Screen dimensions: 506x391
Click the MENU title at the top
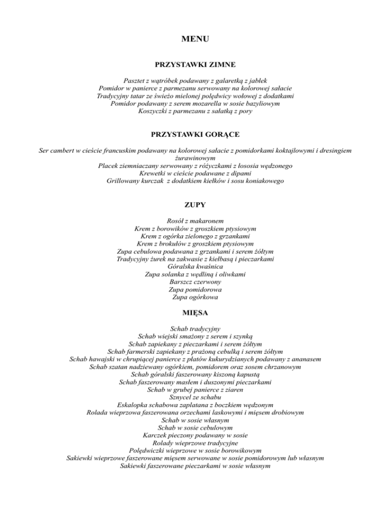pyautogui.click(x=195, y=39)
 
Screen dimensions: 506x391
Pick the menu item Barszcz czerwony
pyautogui.click(x=195, y=282)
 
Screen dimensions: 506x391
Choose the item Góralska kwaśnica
pyautogui.click(x=195, y=266)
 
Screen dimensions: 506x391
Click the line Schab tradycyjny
pyautogui.click(x=195, y=329)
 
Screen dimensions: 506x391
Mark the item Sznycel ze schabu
pyautogui.click(x=195, y=398)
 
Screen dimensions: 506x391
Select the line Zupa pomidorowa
pyautogui.click(x=195, y=289)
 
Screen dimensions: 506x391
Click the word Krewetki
pyautogui.click(x=145, y=174)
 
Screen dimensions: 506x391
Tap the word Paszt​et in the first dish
pyautogui.click(x=136, y=81)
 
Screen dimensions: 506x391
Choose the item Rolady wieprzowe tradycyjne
pyautogui.click(x=195, y=443)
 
